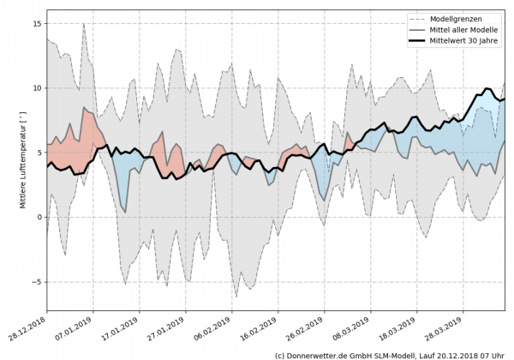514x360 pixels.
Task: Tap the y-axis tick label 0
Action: click(39, 217)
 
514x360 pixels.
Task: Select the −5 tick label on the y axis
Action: click(36, 282)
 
